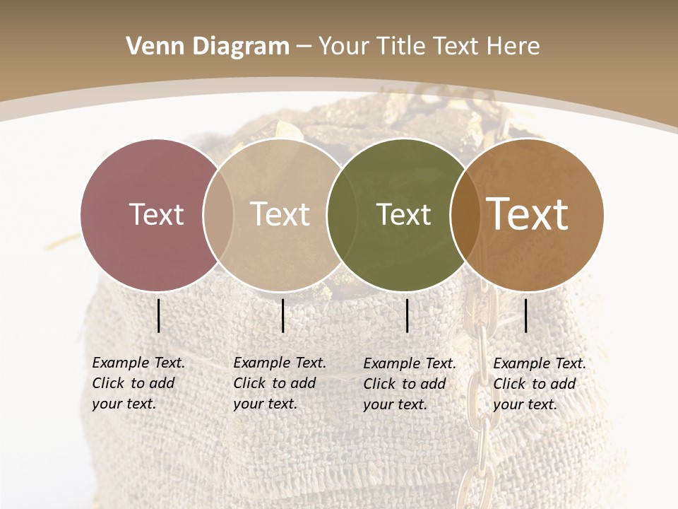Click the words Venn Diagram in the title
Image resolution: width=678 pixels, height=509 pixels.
pyautogui.click(x=208, y=47)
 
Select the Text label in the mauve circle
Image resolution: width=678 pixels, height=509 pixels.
pyautogui.click(x=156, y=214)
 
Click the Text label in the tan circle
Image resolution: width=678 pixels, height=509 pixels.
pyautogui.click(x=280, y=214)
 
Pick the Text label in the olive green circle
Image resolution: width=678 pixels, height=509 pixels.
pyautogui.click(x=403, y=214)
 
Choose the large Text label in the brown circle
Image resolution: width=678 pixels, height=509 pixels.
pyautogui.click(x=528, y=214)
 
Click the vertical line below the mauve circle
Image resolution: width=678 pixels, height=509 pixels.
pyautogui.click(x=159, y=315)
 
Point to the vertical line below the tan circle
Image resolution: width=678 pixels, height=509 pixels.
pyautogui.click(x=282, y=315)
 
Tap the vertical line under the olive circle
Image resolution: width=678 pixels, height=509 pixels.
pyautogui.click(x=408, y=315)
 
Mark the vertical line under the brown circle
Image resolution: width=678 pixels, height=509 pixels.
pyautogui.click(x=526, y=315)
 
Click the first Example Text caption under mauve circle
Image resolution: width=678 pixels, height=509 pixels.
pyautogui.click(x=138, y=383)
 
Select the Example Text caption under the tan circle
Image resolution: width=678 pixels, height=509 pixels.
pyautogui.click(x=279, y=383)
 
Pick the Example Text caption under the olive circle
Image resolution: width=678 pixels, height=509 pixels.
pyautogui.click(x=409, y=384)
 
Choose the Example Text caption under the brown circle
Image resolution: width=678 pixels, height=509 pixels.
pyautogui.click(x=539, y=384)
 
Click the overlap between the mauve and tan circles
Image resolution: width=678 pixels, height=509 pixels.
pyautogui.click(x=218, y=214)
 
